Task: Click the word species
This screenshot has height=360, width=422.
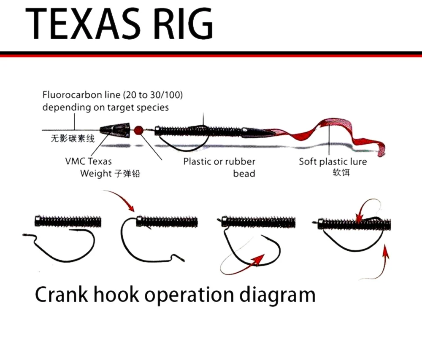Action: click(152, 107)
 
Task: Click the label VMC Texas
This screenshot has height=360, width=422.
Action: click(89, 161)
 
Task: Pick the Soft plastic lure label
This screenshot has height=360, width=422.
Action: click(333, 161)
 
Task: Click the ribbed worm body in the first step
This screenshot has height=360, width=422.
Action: click(68, 220)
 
